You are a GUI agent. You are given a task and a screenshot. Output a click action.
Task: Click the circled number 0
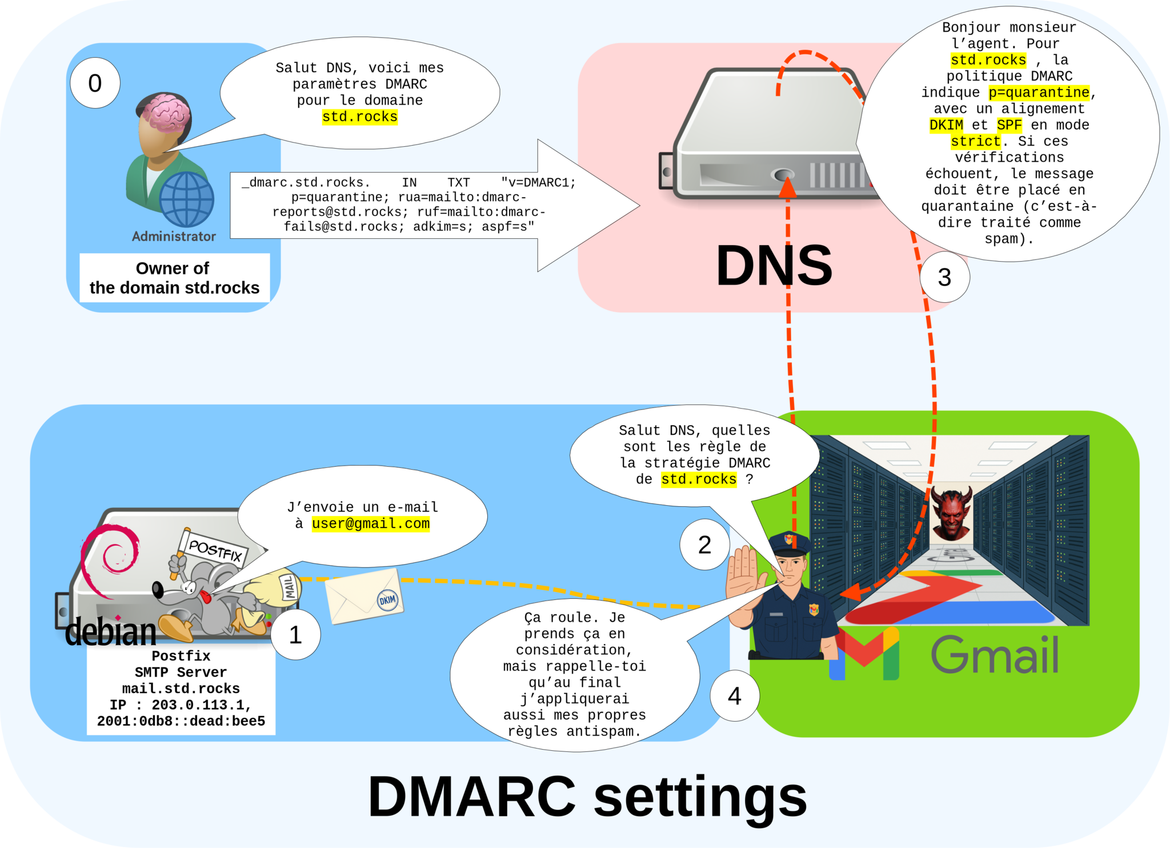(x=95, y=83)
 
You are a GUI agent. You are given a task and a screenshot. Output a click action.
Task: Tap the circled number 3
(x=944, y=278)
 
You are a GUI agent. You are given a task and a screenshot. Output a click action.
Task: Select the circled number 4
(x=734, y=696)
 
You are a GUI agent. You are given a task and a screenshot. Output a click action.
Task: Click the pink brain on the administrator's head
(x=166, y=111)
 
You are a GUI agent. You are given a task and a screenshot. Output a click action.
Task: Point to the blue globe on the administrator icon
(x=186, y=199)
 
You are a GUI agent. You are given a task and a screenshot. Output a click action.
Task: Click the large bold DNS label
(x=774, y=266)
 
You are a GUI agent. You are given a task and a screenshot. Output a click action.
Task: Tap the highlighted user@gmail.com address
(x=370, y=523)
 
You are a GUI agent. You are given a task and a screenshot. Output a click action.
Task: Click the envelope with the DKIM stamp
(x=364, y=597)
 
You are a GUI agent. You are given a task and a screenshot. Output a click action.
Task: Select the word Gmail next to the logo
(x=995, y=655)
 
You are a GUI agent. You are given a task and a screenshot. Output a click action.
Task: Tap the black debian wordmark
(x=111, y=632)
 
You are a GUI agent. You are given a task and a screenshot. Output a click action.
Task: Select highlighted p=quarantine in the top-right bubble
(x=1039, y=93)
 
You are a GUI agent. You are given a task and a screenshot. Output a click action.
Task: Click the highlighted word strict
(x=976, y=141)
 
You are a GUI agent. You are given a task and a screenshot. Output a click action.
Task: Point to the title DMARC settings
(x=587, y=797)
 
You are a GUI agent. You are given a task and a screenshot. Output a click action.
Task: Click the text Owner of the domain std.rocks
(x=174, y=278)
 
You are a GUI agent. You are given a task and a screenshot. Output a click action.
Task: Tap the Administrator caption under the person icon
(x=174, y=237)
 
